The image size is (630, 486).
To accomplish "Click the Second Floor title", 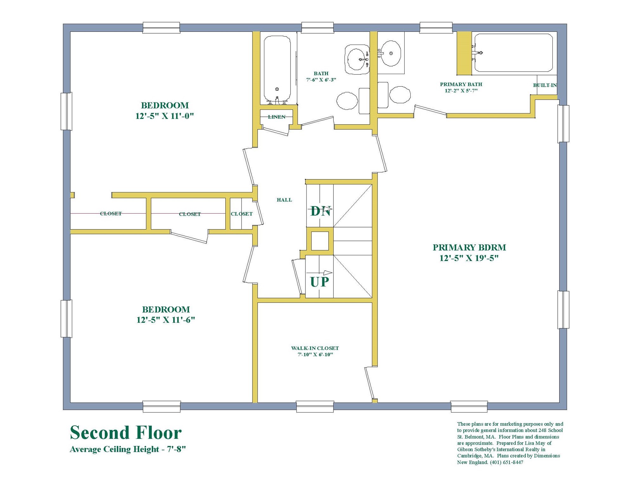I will click(125, 433).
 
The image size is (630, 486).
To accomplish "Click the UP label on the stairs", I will click(319, 282).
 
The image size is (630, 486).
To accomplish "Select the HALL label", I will click(284, 200).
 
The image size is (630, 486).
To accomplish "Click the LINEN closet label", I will click(277, 117).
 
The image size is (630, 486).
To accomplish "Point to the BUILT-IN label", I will click(545, 85).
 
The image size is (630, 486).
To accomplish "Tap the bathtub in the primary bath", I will click(513, 53).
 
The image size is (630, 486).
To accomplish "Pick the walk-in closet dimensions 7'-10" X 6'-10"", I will click(315, 355).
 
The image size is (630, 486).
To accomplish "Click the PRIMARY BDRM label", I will click(469, 247).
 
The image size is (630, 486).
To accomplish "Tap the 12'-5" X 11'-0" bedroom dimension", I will click(164, 116).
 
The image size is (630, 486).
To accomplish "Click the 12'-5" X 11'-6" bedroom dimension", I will click(165, 320).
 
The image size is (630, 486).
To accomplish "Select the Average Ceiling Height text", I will click(127, 449).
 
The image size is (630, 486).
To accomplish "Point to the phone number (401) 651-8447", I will click(506, 462).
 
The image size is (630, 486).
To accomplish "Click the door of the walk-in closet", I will click(369, 383).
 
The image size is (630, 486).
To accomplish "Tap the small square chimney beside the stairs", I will click(320, 241).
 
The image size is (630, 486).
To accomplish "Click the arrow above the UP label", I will click(319, 273).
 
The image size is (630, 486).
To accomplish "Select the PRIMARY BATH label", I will click(461, 84).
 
